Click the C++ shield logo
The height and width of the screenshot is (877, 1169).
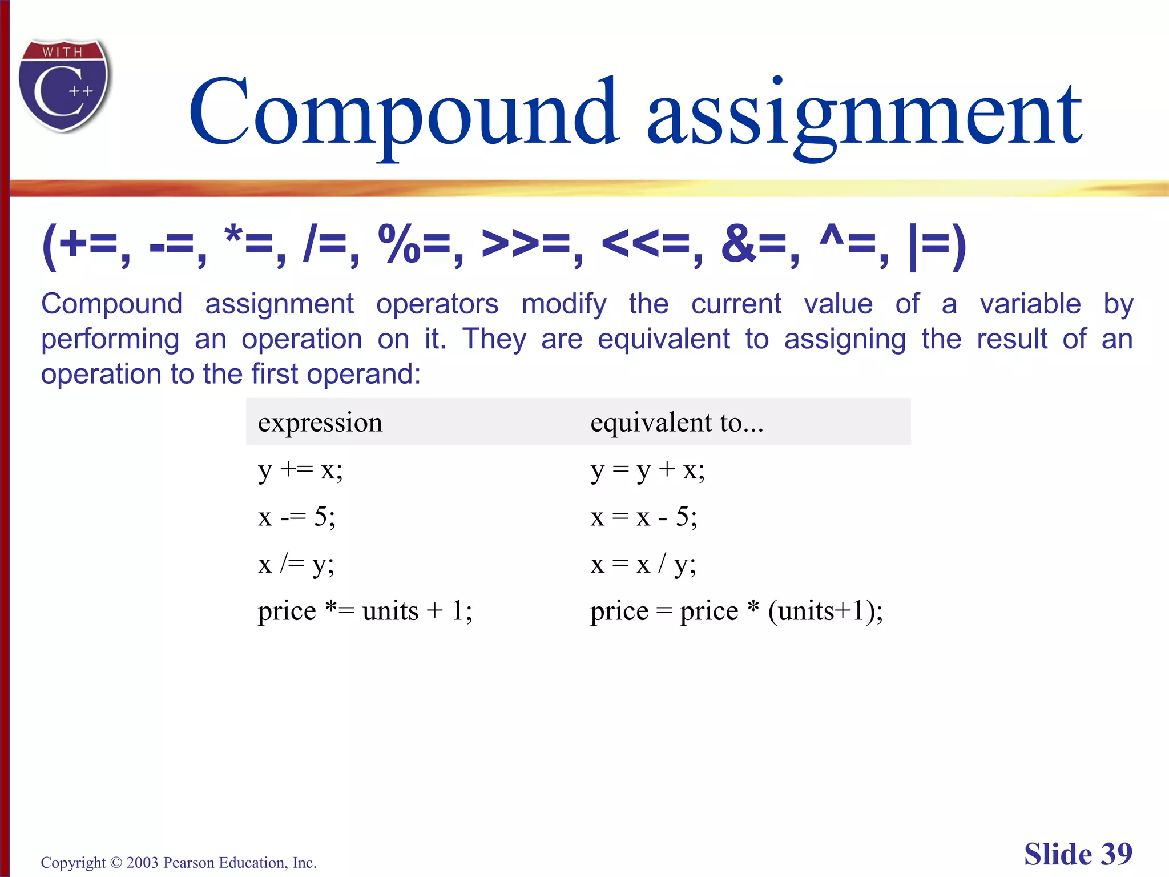64,86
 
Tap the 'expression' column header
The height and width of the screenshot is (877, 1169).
320,423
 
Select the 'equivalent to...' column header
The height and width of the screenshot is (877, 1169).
676,423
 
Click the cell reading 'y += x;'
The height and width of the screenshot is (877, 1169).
300,470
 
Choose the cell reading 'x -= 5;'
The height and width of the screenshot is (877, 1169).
296,517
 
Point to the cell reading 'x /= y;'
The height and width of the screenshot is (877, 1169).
296,565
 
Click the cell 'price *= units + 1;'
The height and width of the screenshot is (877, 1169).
365,611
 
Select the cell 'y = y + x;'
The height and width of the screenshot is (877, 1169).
647,470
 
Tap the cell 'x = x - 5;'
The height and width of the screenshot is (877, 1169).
643,517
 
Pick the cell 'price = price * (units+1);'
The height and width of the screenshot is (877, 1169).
736,611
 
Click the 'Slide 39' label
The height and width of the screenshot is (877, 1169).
1078,854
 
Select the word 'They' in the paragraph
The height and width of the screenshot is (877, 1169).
494,339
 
